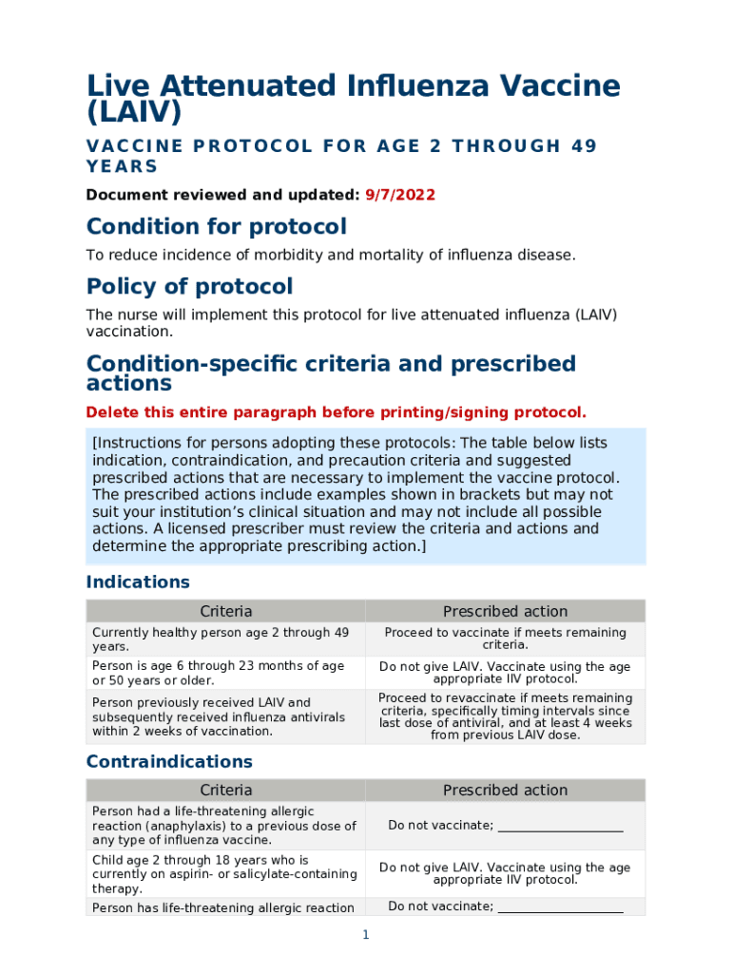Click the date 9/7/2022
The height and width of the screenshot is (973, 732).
click(400, 195)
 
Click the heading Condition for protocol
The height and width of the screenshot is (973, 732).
click(216, 227)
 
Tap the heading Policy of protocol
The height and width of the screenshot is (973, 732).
click(189, 287)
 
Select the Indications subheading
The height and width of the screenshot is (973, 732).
click(138, 582)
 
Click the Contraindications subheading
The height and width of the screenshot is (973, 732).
click(169, 761)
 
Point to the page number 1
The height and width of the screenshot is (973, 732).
click(365, 935)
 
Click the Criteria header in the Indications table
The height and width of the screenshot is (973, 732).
click(226, 611)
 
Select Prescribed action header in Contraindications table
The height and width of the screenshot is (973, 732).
click(505, 790)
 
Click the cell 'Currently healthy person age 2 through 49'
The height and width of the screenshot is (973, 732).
click(221, 639)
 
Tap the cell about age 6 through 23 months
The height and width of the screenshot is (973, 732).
click(220, 673)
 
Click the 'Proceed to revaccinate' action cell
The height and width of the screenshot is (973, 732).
click(505, 716)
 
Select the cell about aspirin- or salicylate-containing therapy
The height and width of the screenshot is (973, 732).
click(224, 874)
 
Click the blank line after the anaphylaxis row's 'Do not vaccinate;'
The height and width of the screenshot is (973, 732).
click(560, 826)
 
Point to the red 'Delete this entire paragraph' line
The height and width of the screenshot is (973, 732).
click(336, 412)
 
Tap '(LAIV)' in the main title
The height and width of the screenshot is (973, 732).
click(133, 113)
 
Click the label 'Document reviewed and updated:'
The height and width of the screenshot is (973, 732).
click(223, 195)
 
